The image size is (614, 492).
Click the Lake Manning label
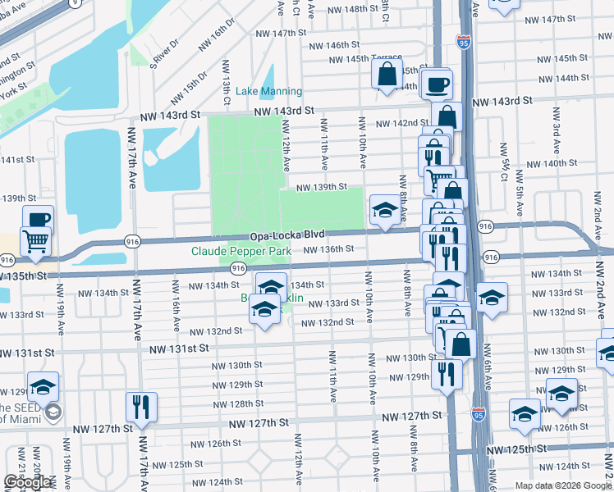[269, 91]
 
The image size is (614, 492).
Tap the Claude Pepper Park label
[241, 251]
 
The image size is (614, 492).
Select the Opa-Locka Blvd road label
[282, 235]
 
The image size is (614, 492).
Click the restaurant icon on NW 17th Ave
[141, 407]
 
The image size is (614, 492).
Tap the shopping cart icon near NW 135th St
[36, 240]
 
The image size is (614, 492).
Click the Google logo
[27, 482]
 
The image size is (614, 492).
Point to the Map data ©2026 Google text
[562, 485]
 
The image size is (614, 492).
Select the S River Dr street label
[163, 52]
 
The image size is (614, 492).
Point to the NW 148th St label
[356, 10]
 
